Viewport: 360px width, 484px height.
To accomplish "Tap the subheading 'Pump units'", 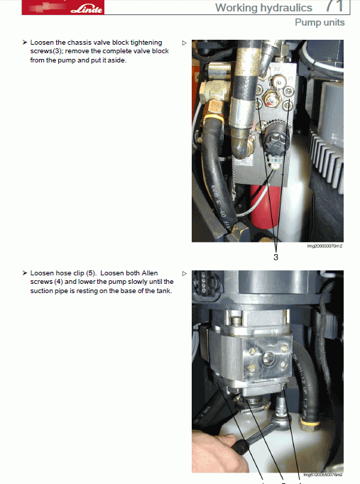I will pyautogui.click(x=320, y=23).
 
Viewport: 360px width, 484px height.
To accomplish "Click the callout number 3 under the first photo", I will pyautogui.click(x=276, y=257).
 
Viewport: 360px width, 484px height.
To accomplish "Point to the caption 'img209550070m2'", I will pyautogui.click(x=325, y=246).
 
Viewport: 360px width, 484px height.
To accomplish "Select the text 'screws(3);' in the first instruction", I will pyautogui.click(x=47, y=52).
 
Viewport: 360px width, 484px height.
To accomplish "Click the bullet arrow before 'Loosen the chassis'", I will pyautogui.click(x=25, y=43).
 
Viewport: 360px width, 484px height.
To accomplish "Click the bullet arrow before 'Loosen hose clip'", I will pyautogui.click(x=25, y=273).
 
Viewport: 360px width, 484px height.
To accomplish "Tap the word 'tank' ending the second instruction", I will pyautogui.click(x=163, y=290).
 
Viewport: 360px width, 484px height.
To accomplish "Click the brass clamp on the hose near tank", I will pyautogui.click(x=308, y=425).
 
